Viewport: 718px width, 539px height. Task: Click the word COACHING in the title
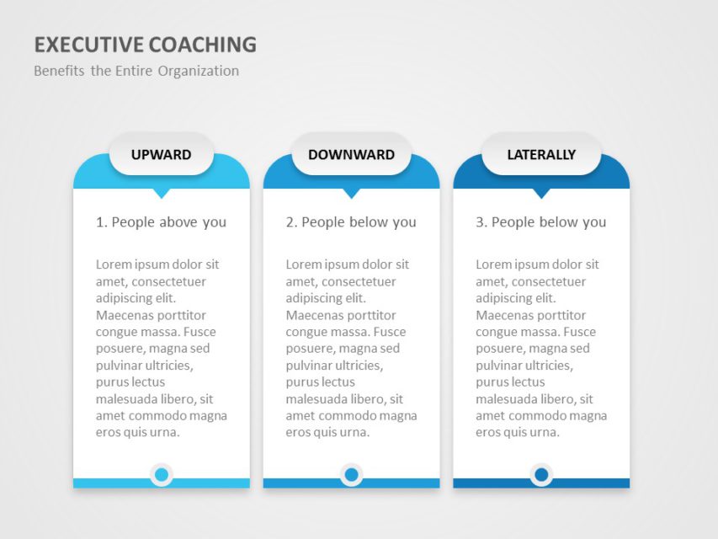pyautogui.click(x=203, y=45)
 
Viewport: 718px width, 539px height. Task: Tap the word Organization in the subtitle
pyautogui.click(x=199, y=71)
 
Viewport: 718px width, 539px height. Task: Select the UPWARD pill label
pyautogui.click(x=161, y=154)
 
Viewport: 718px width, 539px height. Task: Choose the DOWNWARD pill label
pyautogui.click(x=351, y=154)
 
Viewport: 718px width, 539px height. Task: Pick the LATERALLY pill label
pyautogui.click(x=541, y=154)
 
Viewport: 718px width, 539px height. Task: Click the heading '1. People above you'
pyautogui.click(x=161, y=222)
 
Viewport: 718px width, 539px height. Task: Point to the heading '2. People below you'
pyautogui.click(x=351, y=222)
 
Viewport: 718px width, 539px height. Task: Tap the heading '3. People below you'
pyautogui.click(x=540, y=222)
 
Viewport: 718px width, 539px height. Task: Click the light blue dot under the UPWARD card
pyautogui.click(x=162, y=474)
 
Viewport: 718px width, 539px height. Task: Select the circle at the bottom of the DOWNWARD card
pyautogui.click(x=351, y=474)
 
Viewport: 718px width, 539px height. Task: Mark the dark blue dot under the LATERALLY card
pyautogui.click(x=541, y=474)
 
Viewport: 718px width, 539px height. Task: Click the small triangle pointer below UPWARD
pyautogui.click(x=162, y=193)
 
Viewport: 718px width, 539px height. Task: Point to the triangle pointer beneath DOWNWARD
pyautogui.click(x=351, y=193)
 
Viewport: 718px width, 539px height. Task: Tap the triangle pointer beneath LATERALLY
pyautogui.click(x=541, y=193)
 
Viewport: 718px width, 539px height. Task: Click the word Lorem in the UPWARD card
pyautogui.click(x=111, y=264)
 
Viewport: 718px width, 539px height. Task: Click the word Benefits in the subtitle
pyautogui.click(x=59, y=71)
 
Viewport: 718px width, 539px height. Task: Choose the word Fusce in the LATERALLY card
pyautogui.click(x=580, y=332)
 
